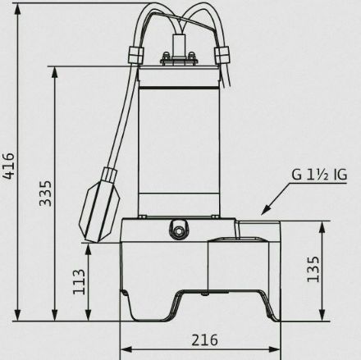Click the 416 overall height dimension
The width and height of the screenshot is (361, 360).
click(8, 166)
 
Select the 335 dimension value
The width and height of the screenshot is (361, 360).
click(45, 193)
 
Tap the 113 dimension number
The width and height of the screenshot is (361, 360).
click(79, 282)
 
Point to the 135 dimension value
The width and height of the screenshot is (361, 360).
click(313, 269)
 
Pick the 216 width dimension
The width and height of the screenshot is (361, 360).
click(204, 340)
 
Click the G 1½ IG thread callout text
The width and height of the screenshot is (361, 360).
click(319, 175)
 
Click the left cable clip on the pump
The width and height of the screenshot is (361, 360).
click(136, 55)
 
